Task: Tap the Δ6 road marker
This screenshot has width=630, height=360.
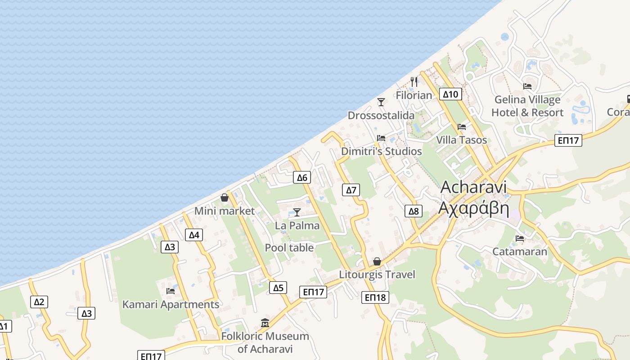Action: [302, 178]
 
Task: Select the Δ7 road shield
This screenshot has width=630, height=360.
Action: [351, 190]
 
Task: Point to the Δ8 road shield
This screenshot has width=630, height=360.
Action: [414, 211]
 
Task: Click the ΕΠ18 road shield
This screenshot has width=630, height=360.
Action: [375, 297]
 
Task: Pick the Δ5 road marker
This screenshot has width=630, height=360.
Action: [279, 288]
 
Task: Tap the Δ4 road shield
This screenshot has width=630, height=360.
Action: [194, 235]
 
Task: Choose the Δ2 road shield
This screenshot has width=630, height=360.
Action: [39, 302]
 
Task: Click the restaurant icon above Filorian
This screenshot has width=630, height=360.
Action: [414, 82]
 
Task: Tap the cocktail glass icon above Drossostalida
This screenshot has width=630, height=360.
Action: [381, 102]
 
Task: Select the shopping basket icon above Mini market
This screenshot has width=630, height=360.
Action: [225, 198]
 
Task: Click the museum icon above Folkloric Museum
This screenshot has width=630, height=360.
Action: [265, 323]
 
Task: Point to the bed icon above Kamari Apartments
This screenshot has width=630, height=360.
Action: [171, 291]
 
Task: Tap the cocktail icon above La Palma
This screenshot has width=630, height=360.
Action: [297, 212]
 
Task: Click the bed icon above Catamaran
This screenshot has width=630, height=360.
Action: [520, 238]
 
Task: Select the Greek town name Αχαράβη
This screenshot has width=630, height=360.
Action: [474, 209]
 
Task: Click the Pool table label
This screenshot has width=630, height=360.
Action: [289, 247]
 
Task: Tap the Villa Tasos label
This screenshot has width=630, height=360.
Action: [462, 140]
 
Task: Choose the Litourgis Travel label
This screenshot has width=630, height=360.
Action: [377, 274]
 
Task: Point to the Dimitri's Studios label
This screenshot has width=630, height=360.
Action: [382, 151]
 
